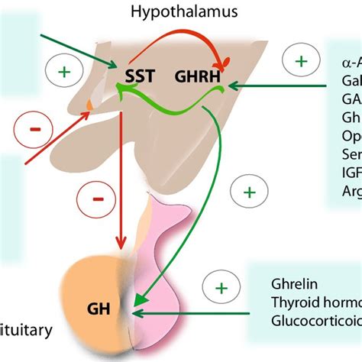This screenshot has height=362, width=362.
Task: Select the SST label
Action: pyautogui.click(x=141, y=76)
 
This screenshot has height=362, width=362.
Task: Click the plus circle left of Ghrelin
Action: pyautogui.click(x=221, y=288)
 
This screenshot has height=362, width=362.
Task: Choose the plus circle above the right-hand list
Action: pyautogui.click(x=300, y=59)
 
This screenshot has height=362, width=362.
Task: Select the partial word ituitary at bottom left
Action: pyautogui.click(x=27, y=331)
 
